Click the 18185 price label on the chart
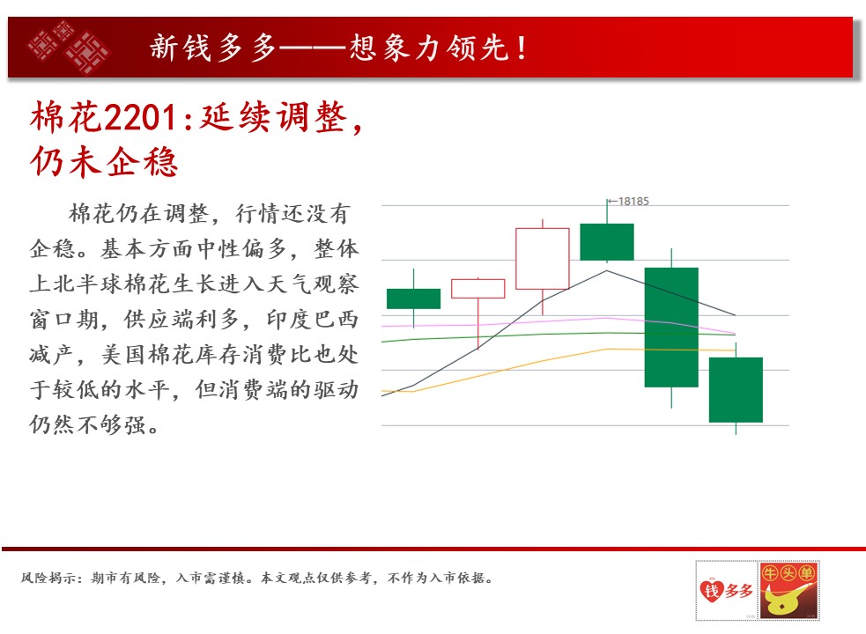(633, 201)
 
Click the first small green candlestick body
(414, 299)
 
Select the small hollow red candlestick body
(477, 289)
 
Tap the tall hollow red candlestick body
(543, 259)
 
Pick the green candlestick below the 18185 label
(607, 242)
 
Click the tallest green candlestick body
(671, 328)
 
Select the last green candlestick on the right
(736, 390)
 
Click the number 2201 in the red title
(140, 118)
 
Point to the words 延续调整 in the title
(273, 117)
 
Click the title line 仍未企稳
(104, 162)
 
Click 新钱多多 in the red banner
(212, 47)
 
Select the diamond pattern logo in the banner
(69, 47)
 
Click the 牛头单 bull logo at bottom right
(788, 590)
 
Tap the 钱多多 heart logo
(726, 590)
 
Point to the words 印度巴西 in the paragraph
(312, 320)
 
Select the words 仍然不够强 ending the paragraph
(88, 424)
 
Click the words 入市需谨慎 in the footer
(211, 579)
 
